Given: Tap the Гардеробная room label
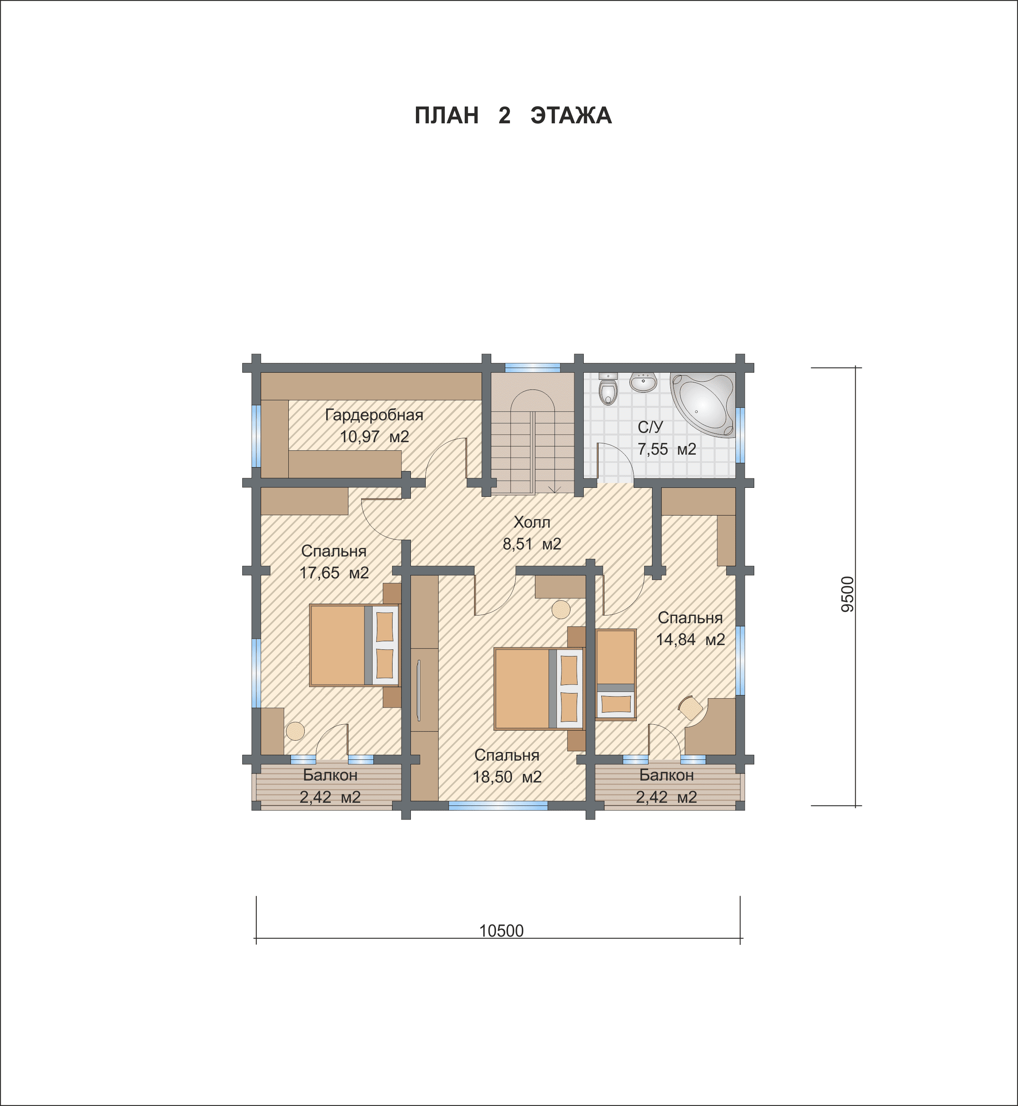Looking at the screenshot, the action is click(x=374, y=415).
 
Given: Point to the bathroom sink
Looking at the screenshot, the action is click(x=643, y=382).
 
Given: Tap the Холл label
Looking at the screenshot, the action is click(x=531, y=522).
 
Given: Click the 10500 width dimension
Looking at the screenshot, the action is click(x=501, y=931).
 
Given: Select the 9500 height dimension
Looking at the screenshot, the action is click(x=847, y=594).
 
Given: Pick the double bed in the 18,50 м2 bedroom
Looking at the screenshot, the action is click(x=539, y=689).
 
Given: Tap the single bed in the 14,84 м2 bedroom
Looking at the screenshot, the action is click(x=616, y=674).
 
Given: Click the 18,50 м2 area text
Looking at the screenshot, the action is click(x=507, y=777).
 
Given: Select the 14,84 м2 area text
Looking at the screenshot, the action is click(x=690, y=640).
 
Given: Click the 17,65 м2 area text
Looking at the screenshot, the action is click(x=334, y=573).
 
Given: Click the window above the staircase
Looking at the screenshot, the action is click(x=533, y=368).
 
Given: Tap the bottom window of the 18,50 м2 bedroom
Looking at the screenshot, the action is click(x=498, y=805).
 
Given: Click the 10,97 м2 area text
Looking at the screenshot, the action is click(x=374, y=437).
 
